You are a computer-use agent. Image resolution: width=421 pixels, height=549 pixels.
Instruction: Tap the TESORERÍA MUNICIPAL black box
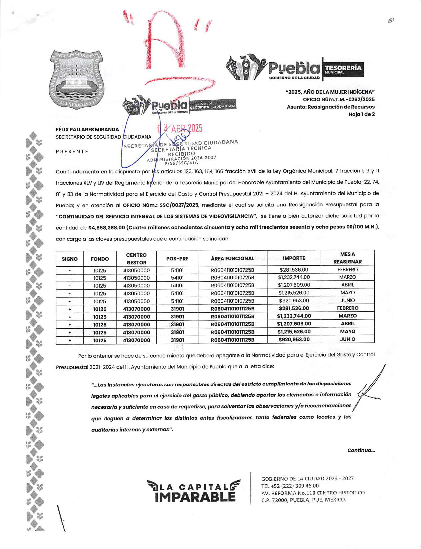343,69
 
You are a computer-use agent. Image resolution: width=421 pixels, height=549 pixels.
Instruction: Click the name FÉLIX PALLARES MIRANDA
87,129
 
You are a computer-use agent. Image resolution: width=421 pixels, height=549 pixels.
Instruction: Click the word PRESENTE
72,152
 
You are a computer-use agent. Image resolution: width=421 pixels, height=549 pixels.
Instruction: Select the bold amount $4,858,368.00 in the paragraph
106,228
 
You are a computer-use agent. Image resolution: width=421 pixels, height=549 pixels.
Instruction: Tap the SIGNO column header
70,259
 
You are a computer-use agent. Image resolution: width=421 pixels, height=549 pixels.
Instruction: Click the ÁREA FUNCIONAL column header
232,258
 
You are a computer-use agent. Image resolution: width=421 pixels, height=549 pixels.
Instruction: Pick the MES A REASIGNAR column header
347,258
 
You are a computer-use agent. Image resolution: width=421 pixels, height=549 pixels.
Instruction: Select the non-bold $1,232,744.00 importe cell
294,277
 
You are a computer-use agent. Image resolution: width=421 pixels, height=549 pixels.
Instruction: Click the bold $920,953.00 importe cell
294,339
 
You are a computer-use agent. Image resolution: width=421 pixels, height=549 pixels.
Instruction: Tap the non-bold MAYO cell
348,293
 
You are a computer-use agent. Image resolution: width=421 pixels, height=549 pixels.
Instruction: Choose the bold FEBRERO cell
348,308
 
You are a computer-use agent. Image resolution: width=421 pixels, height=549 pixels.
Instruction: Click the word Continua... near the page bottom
361,450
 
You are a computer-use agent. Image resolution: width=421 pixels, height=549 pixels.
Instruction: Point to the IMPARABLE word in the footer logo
195,497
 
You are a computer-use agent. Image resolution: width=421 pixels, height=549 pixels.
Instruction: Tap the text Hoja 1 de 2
361,114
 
